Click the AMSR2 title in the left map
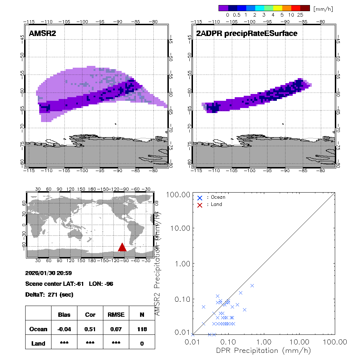tap(42, 34)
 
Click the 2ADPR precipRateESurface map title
tap(247, 34)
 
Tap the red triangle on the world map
tap(122, 247)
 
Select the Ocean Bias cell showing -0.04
tap(64, 329)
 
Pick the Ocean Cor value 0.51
tap(90, 329)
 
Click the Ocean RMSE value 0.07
tap(116, 329)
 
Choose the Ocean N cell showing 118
tap(142, 329)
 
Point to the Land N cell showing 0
tap(142, 343)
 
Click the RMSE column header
tap(116, 315)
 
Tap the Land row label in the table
tap(38, 343)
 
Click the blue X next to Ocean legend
tap(200, 198)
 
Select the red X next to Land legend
tap(200, 205)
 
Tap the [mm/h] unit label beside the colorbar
tap(323, 9)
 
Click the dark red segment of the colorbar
tap(305, 8)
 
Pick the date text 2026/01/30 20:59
tap(48, 273)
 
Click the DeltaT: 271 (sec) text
tap(49, 294)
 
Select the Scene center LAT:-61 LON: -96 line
tap(69, 284)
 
